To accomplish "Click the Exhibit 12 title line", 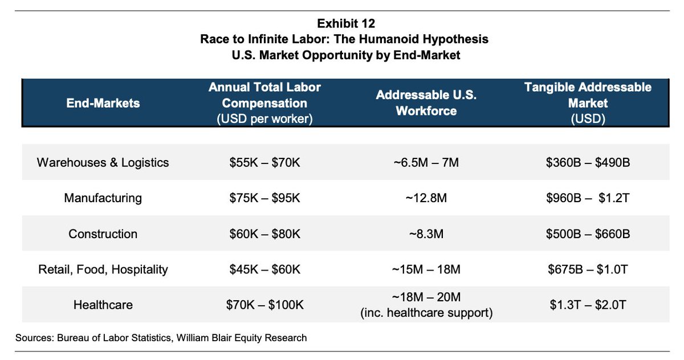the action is [345, 23].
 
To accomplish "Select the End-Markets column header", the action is [103, 103].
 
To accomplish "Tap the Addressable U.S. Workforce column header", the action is [426, 103].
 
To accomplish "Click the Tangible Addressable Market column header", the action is [588, 103].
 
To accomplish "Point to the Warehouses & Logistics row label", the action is [103, 162].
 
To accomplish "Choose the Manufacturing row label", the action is [103, 198].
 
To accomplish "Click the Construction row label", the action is [103, 234].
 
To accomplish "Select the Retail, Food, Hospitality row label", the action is [103, 269].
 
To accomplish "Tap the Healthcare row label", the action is [103, 305].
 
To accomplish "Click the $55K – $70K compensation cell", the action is [264, 162].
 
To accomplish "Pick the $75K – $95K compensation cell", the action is [264, 198].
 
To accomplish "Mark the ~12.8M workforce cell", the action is [426, 198].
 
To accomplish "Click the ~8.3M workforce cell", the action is [426, 234].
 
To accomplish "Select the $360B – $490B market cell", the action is [588, 162].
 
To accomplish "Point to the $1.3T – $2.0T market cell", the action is [588, 305].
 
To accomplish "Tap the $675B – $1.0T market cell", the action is [588, 269].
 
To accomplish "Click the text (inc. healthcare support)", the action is [426, 313].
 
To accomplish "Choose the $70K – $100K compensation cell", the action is [264, 305].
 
